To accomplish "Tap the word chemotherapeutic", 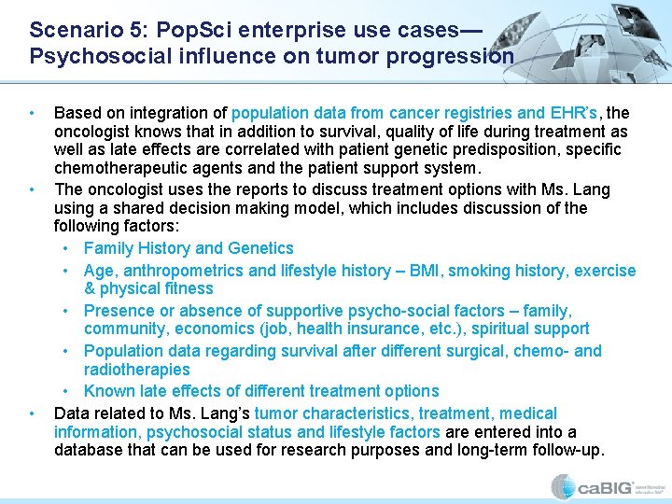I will click(119, 169).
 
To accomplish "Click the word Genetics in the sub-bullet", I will click(261, 248).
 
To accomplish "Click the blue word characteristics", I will click(358, 413).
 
